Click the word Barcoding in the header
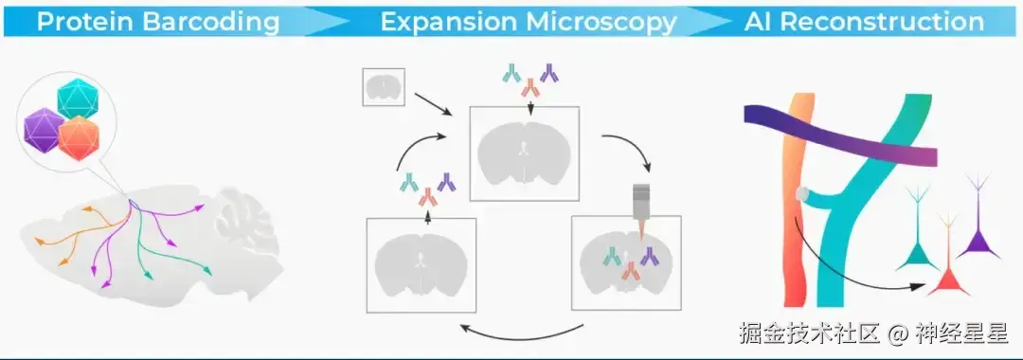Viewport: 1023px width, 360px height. click(x=210, y=22)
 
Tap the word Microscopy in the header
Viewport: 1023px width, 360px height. click(x=602, y=22)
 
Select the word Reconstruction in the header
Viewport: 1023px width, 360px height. click(x=883, y=22)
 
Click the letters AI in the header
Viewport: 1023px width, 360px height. click(x=759, y=22)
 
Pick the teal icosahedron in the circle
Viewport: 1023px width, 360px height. click(x=78, y=99)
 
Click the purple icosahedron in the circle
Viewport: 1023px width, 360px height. click(x=44, y=131)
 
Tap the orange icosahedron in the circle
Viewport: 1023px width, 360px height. click(x=79, y=138)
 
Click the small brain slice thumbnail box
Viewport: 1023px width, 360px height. click(x=384, y=87)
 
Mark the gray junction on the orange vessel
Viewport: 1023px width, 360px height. click(x=802, y=193)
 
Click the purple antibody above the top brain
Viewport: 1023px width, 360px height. click(x=549, y=74)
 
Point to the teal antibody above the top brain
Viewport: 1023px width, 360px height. click(x=511, y=73)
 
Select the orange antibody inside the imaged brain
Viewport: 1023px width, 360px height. click(x=630, y=271)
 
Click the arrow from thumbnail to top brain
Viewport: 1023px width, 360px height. click(x=433, y=103)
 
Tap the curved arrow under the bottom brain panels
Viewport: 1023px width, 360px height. click(x=522, y=333)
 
